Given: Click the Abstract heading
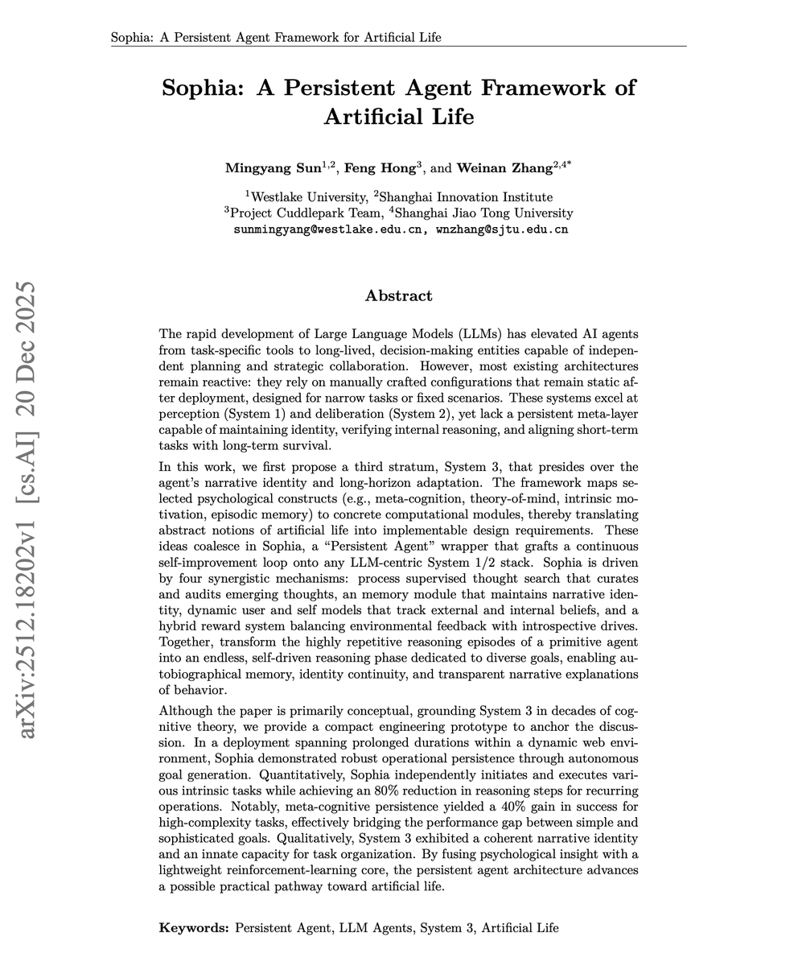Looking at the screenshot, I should click(x=398, y=295).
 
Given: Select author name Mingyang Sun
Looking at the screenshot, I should click(x=273, y=168).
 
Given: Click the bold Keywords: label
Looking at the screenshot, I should click(x=194, y=928).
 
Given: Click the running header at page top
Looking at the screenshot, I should click(x=276, y=38).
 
